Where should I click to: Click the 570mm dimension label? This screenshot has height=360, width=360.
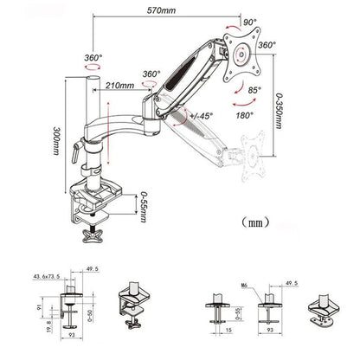tap(181, 10)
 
